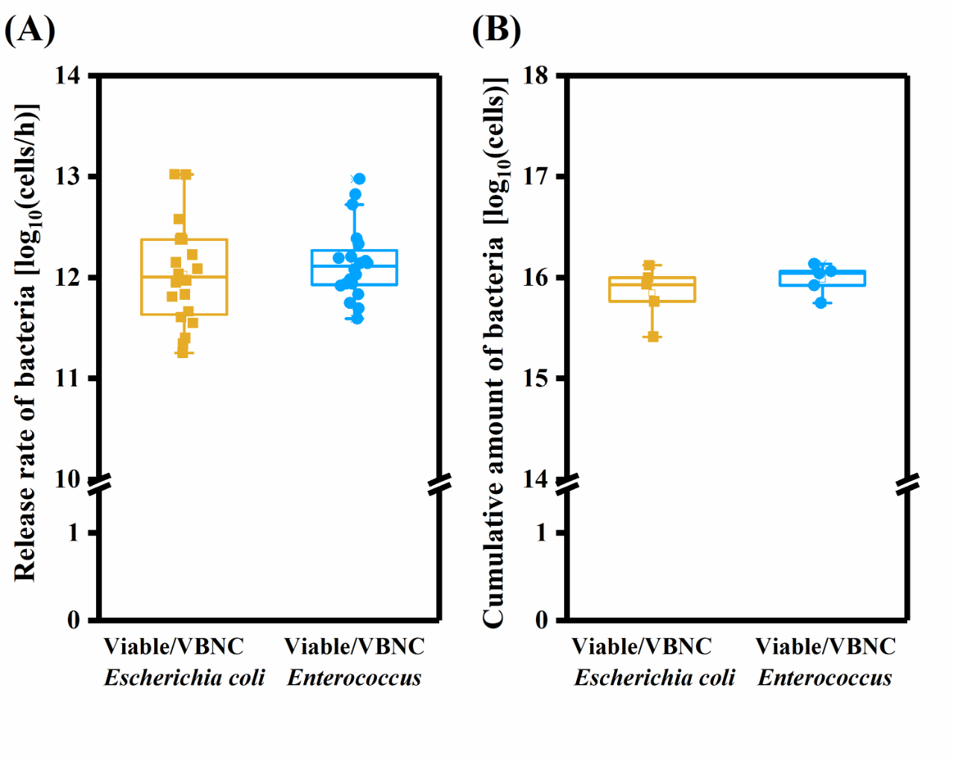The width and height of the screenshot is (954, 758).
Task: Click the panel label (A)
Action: (30, 30)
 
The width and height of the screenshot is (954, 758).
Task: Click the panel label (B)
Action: (496, 30)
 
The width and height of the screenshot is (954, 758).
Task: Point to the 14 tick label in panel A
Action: (68, 75)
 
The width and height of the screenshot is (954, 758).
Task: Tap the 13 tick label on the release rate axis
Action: (68, 177)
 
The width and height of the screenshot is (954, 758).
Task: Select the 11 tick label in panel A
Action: (68, 378)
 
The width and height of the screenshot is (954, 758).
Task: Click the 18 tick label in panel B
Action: (535, 75)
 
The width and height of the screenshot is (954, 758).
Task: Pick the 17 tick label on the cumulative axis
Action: (535, 177)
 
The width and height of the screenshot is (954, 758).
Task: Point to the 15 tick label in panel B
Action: (535, 378)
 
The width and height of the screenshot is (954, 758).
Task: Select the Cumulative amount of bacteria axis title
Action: (494, 351)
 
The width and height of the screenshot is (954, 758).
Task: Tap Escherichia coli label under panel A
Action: (184, 677)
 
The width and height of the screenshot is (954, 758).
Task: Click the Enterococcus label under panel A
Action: (354, 677)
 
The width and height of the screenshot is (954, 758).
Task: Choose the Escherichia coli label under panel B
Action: (654, 677)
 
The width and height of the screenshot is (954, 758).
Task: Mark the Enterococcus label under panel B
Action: (824, 677)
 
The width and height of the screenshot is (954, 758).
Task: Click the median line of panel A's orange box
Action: (184, 277)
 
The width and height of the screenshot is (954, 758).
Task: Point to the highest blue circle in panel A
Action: (359, 179)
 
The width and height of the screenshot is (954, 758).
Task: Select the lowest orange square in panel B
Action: (653, 337)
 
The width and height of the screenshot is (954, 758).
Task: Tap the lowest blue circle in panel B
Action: (821, 302)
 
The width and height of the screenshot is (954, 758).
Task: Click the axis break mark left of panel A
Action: (99, 485)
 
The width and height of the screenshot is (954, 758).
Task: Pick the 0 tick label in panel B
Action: (541, 620)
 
